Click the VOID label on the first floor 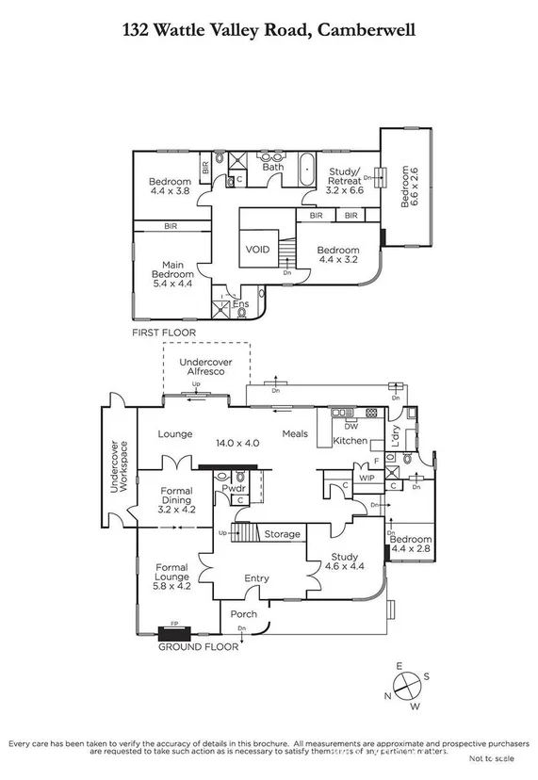[x=257, y=250]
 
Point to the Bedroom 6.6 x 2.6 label [x=406, y=187]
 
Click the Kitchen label [x=350, y=441]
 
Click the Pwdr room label [x=234, y=488]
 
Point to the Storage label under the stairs [x=282, y=535]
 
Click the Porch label [x=242, y=614]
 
